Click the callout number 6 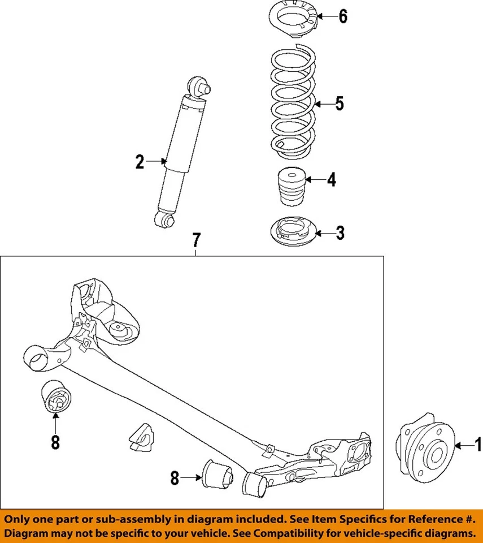point(343,17)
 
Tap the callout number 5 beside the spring point(339,104)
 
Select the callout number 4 point(332,180)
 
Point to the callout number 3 point(340,232)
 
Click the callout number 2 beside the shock point(140,162)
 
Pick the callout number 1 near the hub point(478,446)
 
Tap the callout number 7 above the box point(195,240)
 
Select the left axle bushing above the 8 point(56,398)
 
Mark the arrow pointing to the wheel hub point(464,446)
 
